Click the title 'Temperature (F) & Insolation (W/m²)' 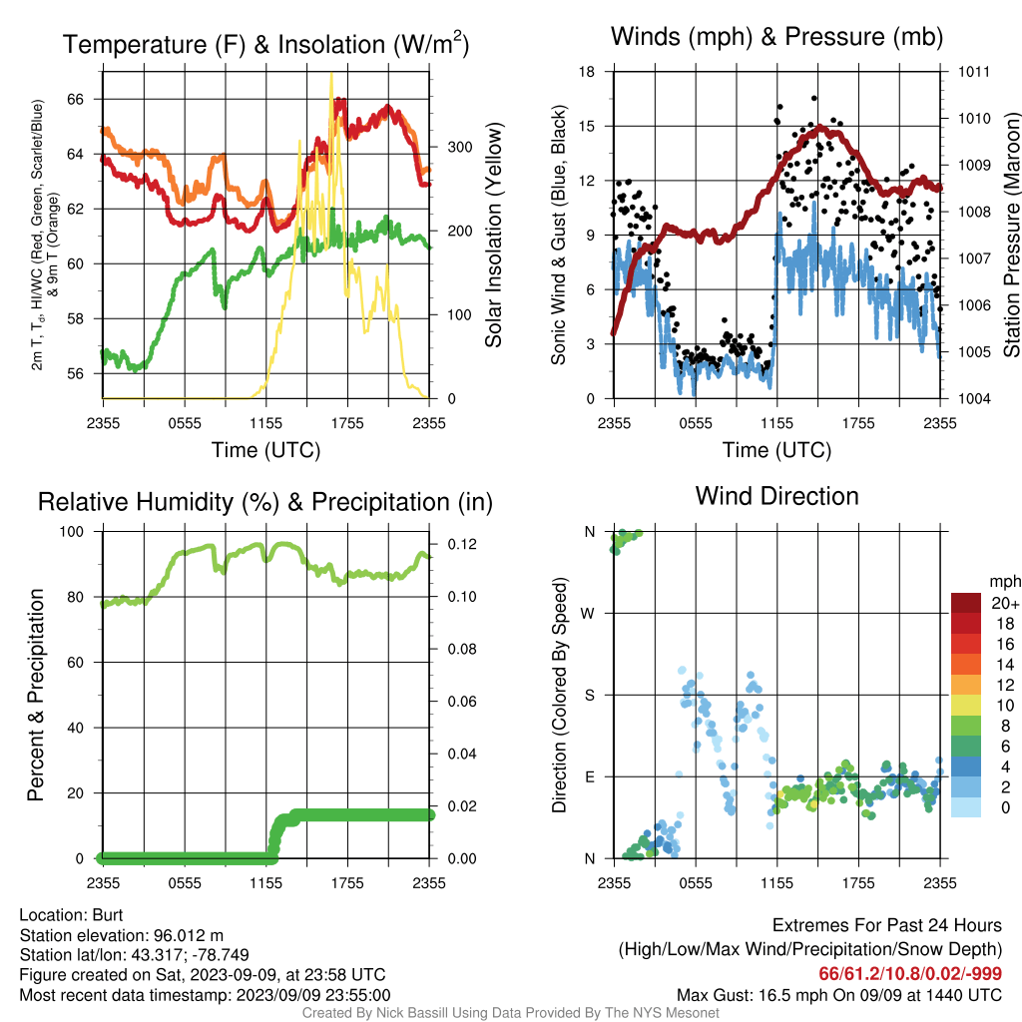[265, 44]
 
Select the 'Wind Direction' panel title [776, 497]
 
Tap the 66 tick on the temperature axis [76, 99]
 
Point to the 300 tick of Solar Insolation [459, 148]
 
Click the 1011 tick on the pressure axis [974, 72]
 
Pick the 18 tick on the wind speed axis [587, 72]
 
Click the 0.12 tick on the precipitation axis [461, 544]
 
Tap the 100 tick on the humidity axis [72, 532]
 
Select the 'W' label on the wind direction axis [588, 614]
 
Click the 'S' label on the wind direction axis [589, 696]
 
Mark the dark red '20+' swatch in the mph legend [966, 603]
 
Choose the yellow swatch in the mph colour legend [966, 706]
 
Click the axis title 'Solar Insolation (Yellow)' [494, 235]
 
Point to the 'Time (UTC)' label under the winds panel [776, 450]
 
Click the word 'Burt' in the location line [108, 915]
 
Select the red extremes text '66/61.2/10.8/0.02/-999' [910, 974]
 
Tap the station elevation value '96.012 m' [189, 935]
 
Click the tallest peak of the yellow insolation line [331, 74]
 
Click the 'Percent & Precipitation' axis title [36, 695]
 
